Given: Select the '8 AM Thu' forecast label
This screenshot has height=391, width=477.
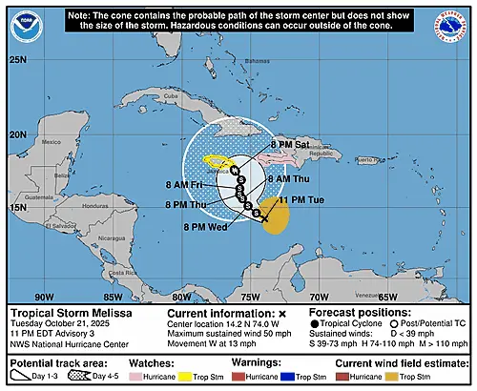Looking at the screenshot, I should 288,178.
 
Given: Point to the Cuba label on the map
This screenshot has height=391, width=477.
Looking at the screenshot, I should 172,96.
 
